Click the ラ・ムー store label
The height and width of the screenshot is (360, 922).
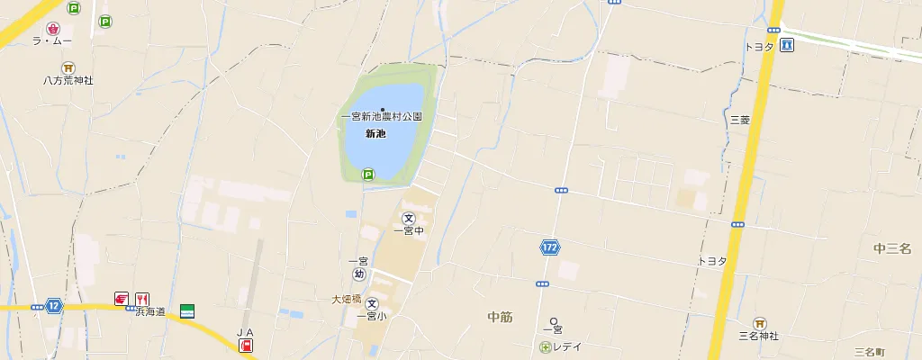51,41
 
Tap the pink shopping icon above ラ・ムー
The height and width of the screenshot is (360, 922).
52,29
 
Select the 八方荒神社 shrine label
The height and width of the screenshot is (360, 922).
68,80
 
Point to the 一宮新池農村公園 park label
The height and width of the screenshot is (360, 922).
382,117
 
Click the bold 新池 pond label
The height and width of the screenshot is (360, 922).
375,134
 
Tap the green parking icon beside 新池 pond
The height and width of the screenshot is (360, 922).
367,175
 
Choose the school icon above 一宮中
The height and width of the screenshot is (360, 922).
409,218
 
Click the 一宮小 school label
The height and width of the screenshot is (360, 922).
371,316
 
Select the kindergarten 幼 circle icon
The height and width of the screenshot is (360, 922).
359,274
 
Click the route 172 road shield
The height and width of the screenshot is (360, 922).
549,247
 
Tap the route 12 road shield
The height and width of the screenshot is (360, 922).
54,306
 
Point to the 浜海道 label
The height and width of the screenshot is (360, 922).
150,311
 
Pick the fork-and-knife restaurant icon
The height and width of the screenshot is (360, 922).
142,299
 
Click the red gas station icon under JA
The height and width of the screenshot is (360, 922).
246,346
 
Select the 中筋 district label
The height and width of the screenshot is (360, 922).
500,316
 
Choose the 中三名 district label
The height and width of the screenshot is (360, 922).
892,248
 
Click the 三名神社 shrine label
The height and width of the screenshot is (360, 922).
758,336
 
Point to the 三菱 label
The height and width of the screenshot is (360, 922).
739,119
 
